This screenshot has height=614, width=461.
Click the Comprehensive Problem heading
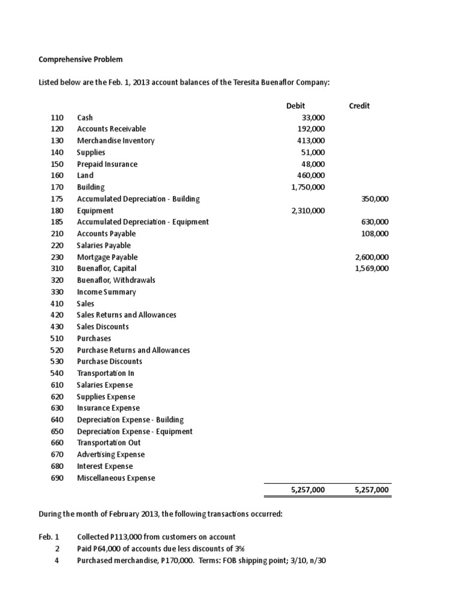click(x=80, y=59)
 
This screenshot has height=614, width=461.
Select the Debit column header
click(x=296, y=106)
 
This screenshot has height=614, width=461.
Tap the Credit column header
click(x=359, y=106)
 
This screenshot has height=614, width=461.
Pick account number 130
click(x=57, y=140)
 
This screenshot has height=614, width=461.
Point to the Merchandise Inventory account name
click(x=115, y=140)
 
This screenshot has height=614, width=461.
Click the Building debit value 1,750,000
click(x=307, y=187)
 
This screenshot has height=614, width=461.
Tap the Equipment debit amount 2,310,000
click(x=307, y=210)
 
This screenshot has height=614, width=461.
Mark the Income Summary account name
click(x=106, y=292)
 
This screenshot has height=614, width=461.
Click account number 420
click(x=57, y=315)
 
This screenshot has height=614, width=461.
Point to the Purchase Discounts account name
click(x=109, y=362)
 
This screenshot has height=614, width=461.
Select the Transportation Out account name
click(x=109, y=443)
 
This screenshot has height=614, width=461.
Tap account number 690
click(x=57, y=478)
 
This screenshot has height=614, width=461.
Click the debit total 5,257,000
click(x=307, y=490)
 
